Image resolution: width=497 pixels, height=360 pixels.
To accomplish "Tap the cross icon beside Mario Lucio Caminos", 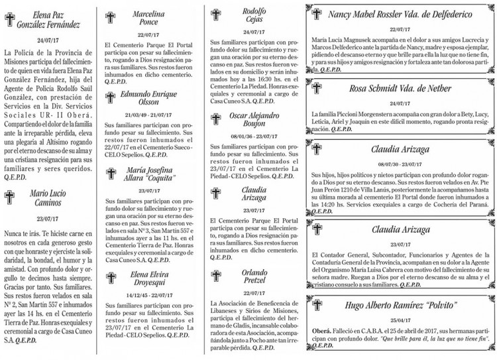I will pyautogui.click(x=10, y=197).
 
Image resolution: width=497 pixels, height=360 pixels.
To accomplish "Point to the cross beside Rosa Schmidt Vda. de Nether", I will pyautogui.click(x=319, y=89).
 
